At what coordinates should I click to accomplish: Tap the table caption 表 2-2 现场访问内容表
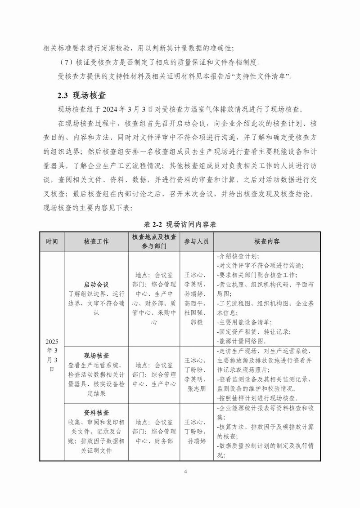click(x=180, y=224)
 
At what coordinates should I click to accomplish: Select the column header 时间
click(x=52, y=241)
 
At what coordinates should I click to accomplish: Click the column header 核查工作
click(x=96, y=241)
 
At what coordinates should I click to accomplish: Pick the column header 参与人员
click(x=197, y=241)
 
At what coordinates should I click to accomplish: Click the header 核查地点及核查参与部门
click(x=154, y=241)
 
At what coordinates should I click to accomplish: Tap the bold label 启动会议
click(x=96, y=285)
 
